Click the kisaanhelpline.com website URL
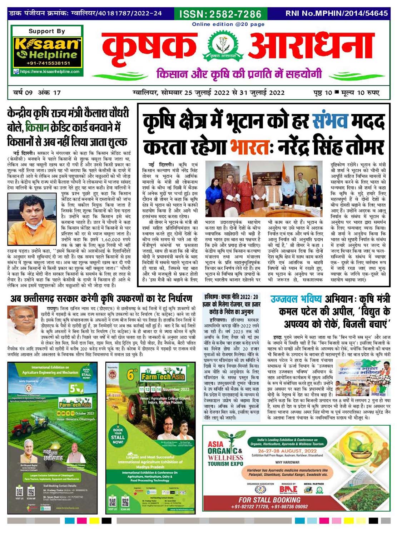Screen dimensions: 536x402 point(50,72)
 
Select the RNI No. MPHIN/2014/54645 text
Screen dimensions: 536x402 point(336,14)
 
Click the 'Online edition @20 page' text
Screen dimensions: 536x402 point(228,24)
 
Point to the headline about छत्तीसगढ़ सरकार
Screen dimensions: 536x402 point(101,298)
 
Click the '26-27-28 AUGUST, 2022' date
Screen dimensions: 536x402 point(287,451)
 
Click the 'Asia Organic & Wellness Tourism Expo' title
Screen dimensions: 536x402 point(225,454)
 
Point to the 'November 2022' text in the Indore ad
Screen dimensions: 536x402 point(175,389)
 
